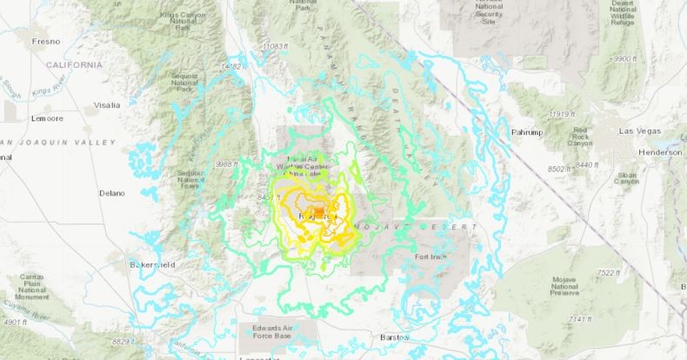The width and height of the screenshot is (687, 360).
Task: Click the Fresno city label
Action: click(20, 41)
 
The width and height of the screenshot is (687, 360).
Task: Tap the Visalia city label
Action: click(105, 104)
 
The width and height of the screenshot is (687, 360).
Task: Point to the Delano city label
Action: click(112, 193)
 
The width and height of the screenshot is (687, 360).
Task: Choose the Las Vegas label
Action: click(638, 130)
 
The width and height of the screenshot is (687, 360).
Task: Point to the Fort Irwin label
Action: click(432, 257)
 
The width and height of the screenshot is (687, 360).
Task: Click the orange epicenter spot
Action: click(319, 211)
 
